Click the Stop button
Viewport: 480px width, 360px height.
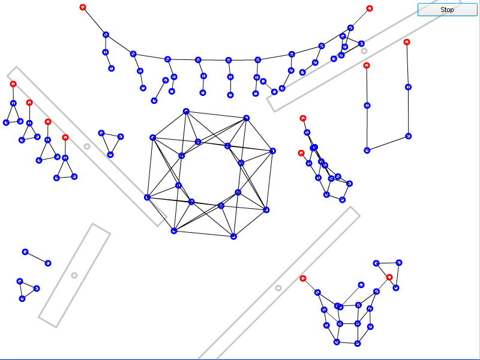[x=447, y=10]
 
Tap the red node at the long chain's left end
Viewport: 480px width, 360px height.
[x=83, y=7]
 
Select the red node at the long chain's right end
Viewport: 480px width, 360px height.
[x=370, y=8]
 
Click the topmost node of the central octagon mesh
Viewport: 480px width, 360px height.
[x=186, y=112]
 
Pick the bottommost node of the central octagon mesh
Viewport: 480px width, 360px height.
[x=233, y=236]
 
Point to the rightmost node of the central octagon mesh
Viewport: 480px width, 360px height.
[x=272, y=151]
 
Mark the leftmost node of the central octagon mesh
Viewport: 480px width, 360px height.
[x=147, y=197]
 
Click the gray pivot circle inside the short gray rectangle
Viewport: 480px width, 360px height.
[x=74, y=275]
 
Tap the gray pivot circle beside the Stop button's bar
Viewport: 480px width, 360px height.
[x=364, y=51]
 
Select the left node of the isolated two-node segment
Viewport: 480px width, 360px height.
[x=25, y=252]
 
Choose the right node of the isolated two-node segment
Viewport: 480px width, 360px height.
[x=48, y=263]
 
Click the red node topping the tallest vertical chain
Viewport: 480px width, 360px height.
[x=407, y=42]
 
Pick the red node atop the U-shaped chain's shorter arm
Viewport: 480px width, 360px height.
[x=367, y=65]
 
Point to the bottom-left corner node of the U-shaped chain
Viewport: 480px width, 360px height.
[x=367, y=151]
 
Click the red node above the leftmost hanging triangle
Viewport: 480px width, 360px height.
[x=13, y=84]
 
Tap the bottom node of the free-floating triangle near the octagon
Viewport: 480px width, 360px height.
[x=110, y=155]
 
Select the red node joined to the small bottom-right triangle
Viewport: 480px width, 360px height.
[x=389, y=277]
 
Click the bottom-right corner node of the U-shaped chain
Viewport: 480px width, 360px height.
[x=409, y=136]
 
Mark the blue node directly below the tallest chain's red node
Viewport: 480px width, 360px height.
[x=408, y=87]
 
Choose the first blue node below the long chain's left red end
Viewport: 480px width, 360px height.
[x=106, y=35]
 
